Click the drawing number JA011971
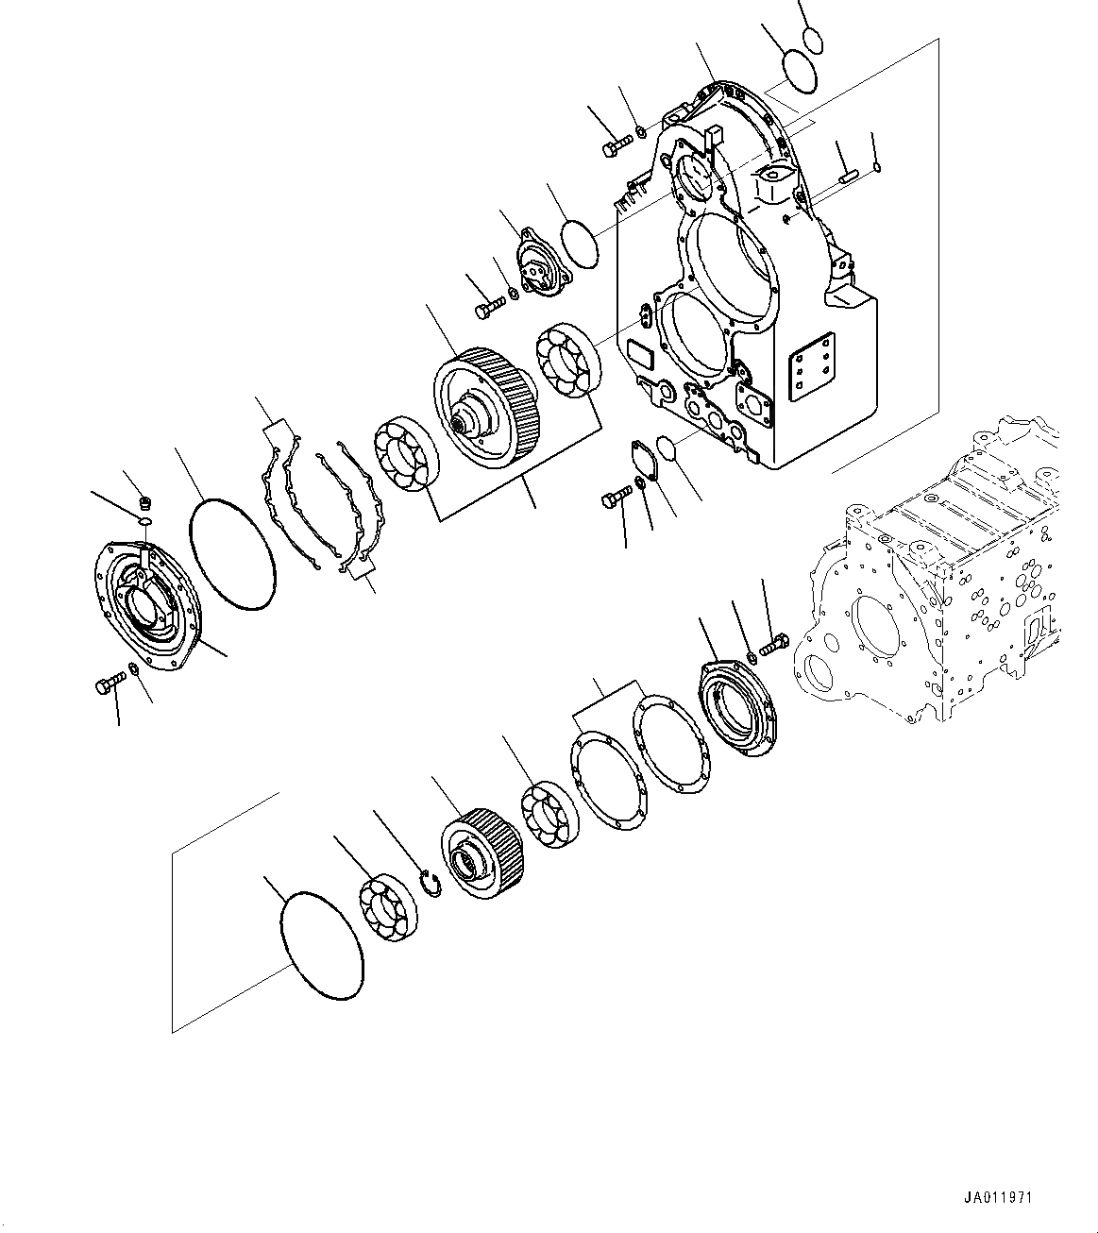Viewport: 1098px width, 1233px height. pyautogui.click(x=999, y=1197)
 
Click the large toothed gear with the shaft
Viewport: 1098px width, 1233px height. pyautogui.click(x=484, y=409)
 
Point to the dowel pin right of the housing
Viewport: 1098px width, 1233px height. pyautogui.click(x=847, y=174)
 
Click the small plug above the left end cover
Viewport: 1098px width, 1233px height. pyautogui.click(x=144, y=500)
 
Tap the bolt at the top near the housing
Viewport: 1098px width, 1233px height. pyautogui.click(x=617, y=145)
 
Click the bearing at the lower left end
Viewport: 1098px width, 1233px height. pyautogui.click(x=388, y=907)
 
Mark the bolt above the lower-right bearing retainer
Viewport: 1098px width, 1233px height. pyautogui.click(x=772, y=646)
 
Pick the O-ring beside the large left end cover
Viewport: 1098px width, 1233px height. pyautogui.click(x=233, y=555)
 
